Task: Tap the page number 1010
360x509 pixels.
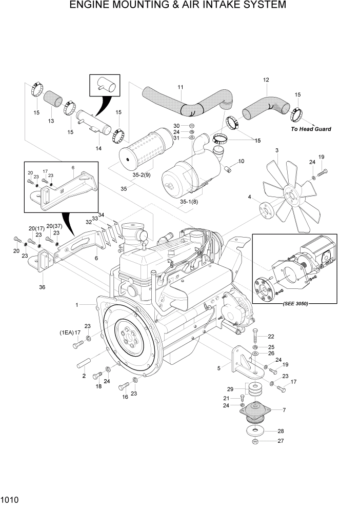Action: click(x=11, y=499)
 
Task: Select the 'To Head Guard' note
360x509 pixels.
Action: click(x=311, y=129)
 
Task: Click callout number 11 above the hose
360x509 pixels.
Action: click(x=180, y=87)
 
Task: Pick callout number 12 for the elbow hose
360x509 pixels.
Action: click(x=266, y=80)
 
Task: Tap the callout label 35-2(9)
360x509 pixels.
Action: click(x=141, y=174)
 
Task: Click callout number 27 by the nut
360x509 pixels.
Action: click(x=280, y=441)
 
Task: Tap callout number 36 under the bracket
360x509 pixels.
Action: click(x=42, y=287)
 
